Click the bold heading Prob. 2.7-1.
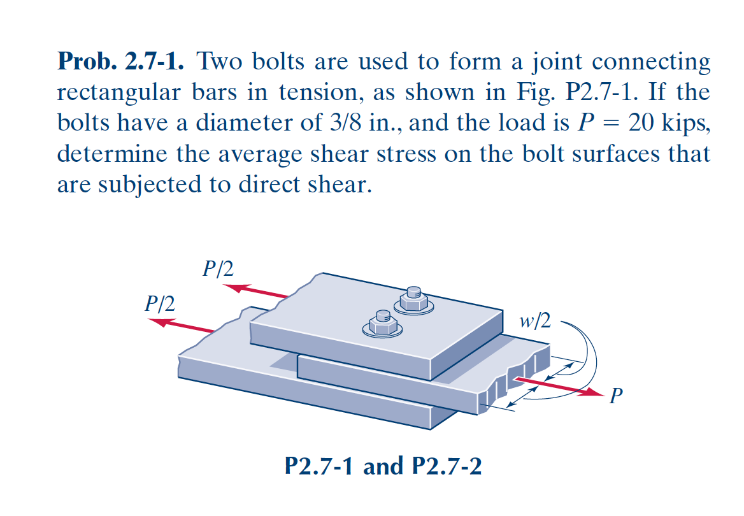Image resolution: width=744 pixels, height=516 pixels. point(120,61)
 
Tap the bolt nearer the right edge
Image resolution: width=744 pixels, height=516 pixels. point(414,300)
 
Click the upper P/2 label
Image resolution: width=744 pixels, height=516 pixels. point(218,269)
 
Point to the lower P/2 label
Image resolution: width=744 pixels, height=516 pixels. point(160,303)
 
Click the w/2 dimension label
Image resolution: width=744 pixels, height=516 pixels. point(535,321)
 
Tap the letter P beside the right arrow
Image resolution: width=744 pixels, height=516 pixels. point(616,395)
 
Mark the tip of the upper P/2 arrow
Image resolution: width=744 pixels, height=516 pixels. point(222,286)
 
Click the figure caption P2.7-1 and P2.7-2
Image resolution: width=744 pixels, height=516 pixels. point(383,466)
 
